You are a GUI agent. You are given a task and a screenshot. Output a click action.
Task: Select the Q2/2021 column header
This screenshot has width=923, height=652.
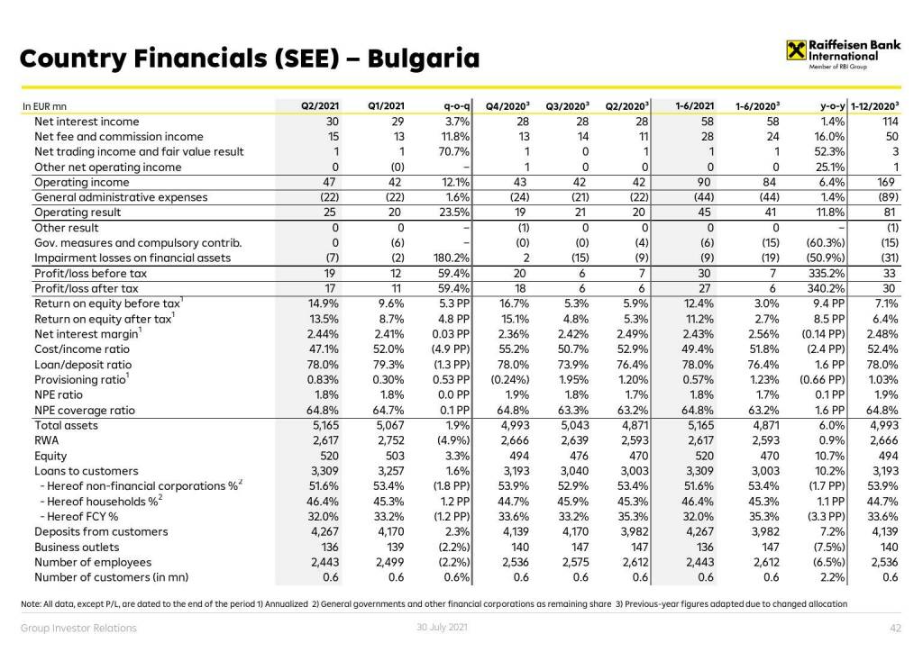(319, 106)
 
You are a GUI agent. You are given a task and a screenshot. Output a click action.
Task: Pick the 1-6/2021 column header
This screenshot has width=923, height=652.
(695, 106)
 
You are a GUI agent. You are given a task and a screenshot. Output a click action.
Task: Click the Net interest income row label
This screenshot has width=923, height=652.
(87, 122)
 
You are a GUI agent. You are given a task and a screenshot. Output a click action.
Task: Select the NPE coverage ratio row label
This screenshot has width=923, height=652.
(85, 410)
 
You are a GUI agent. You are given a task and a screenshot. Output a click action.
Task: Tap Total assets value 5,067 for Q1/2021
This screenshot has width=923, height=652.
(387, 425)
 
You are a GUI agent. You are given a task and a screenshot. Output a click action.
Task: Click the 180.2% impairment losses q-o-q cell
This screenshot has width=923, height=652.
(451, 258)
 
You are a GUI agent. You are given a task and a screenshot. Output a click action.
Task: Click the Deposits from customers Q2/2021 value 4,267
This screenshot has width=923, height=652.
(322, 531)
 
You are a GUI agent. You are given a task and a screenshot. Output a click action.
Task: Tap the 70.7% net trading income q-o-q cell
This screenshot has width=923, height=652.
(453, 151)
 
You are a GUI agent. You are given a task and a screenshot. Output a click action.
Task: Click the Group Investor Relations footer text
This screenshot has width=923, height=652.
(79, 628)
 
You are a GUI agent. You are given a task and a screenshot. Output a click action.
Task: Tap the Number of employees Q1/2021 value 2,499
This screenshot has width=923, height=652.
(387, 562)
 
